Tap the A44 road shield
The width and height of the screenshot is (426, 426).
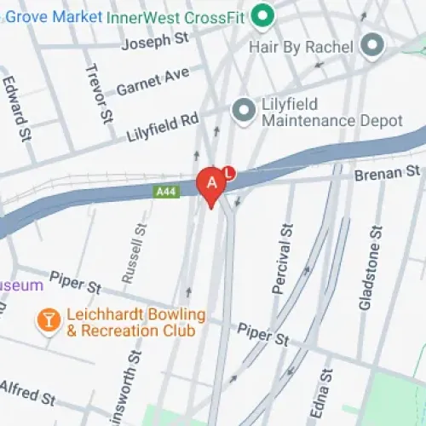tap(165, 193)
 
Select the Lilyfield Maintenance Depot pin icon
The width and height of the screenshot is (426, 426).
tap(245, 109)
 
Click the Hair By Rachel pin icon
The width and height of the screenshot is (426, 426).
tap(371, 45)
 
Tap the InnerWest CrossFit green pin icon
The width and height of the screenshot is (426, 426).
tap(264, 14)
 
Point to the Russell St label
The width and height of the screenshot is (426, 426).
tap(134, 253)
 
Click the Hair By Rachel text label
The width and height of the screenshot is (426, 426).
tap(301, 47)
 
